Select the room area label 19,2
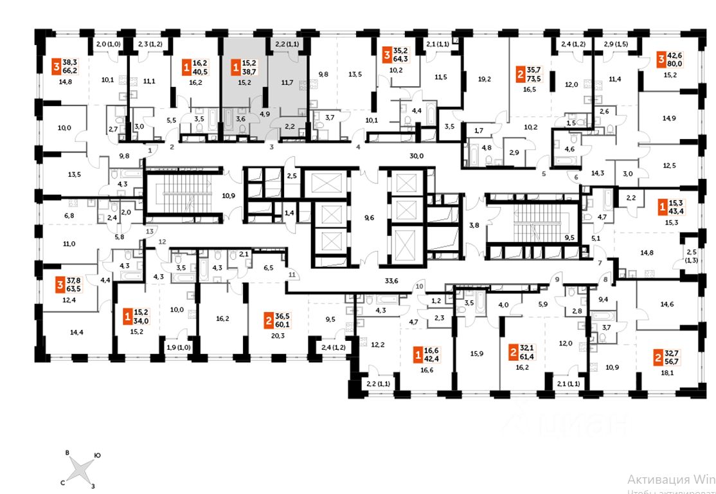point(484,80)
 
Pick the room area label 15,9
point(476,352)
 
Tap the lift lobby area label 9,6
point(368,218)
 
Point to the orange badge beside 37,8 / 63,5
point(58,284)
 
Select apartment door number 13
point(150,230)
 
